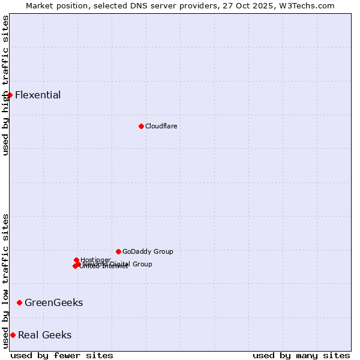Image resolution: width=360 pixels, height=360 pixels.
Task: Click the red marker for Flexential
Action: point(10,95)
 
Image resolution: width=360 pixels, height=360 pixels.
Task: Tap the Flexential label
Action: point(38,95)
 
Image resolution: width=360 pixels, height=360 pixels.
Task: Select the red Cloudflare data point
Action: point(141,126)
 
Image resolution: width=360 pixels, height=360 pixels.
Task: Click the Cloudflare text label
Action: point(161,126)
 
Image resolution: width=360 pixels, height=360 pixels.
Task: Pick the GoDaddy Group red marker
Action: point(118,251)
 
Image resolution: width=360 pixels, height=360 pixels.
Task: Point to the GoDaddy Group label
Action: point(148,251)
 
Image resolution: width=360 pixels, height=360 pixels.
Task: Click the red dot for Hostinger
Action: point(76,260)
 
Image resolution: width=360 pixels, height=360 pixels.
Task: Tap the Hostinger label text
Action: point(95,260)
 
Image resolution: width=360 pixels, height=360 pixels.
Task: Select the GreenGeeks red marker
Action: point(19,302)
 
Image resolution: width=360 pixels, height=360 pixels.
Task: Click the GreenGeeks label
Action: point(54,302)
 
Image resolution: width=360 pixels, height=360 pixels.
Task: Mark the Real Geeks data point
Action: point(13,335)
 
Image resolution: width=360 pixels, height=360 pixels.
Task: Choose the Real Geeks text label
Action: point(45,335)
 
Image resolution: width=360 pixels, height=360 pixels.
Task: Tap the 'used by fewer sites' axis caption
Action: point(62,355)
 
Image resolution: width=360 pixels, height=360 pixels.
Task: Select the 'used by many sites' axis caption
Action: point(301,355)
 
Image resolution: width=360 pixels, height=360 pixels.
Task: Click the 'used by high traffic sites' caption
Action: point(5,85)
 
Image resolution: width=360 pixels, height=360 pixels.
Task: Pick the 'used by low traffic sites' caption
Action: point(5,281)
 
